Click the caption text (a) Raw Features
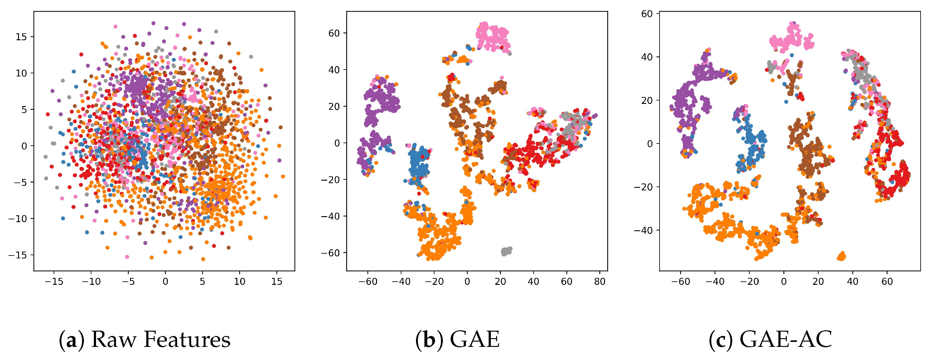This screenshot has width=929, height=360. (x=144, y=340)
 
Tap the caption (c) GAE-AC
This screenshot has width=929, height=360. (x=770, y=340)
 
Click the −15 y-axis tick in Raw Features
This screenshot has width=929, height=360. (x=18, y=255)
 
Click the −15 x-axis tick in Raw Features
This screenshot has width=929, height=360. (x=54, y=282)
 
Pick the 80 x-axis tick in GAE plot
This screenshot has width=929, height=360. (x=600, y=282)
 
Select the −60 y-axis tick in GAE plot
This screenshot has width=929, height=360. (x=330, y=253)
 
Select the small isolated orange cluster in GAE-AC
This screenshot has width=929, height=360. (x=841, y=256)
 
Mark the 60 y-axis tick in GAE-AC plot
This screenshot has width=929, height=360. (x=647, y=14)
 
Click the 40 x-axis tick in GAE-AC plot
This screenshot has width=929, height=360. (x=853, y=282)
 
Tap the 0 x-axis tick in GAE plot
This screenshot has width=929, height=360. (x=467, y=282)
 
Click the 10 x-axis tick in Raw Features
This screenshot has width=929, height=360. (x=240, y=282)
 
